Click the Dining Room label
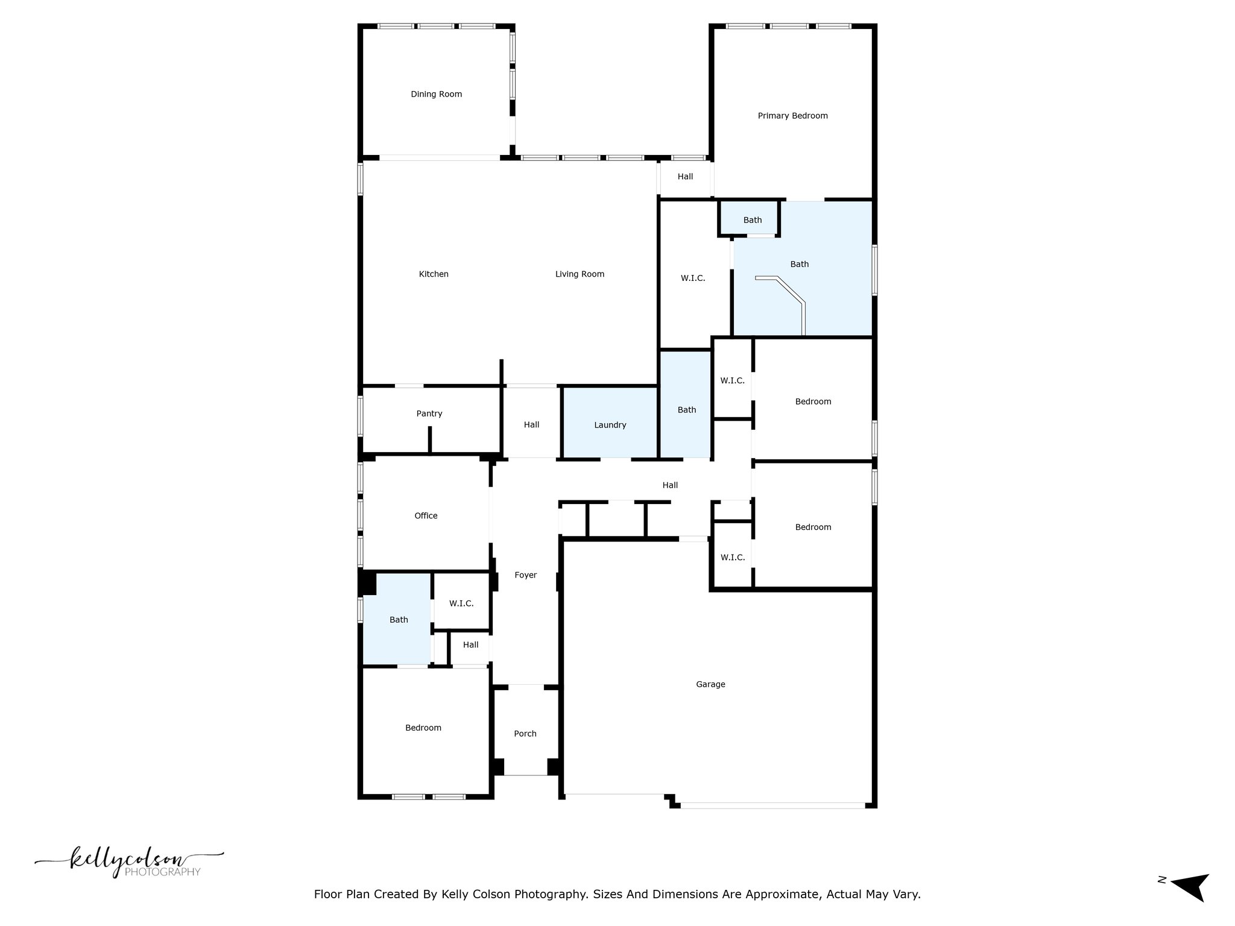pyautogui.click(x=436, y=94)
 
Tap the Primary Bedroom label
pyautogui.click(x=792, y=116)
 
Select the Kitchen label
pyautogui.click(x=434, y=274)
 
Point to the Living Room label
pyautogui.click(x=580, y=274)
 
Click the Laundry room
pyautogui.click(x=610, y=422)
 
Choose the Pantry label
pyautogui.click(x=429, y=414)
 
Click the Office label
pyautogui.click(x=426, y=515)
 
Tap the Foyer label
pyautogui.click(x=525, y=575)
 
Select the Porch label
pyautogui.click(x=525, y=734)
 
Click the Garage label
pyautogui.click(x=710, y=684)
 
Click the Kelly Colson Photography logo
pyautogui.click(x=129, y=862)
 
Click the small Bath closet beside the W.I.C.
pyautogui.click(x=749, y=218)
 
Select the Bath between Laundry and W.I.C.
pyautogui.click(x=686, y=404)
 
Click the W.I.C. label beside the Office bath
pyautogui.click(x=461, y=603)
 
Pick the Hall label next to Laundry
pyautogui.click(x=531, y=425)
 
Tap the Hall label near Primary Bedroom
pyautogui.click(x=685, y=177)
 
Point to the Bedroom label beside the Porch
pyautogui.click(x=423, y=728)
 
